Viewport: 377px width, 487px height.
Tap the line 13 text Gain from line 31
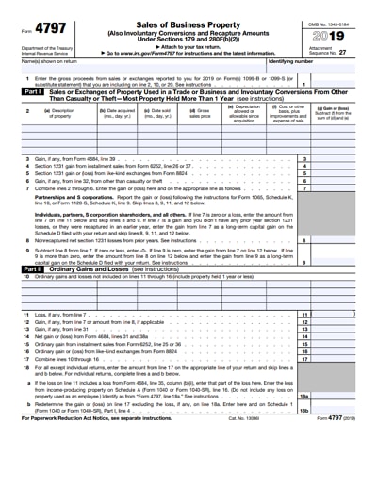pos(67,329)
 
